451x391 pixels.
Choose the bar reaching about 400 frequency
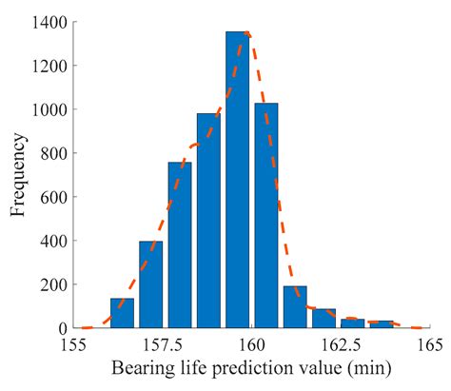click(151, 284)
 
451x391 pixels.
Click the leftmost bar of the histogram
click(122, 313)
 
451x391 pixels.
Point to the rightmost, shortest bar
click(381, 324)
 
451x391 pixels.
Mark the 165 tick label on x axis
click(423, 344)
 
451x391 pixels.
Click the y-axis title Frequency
click(20, 175)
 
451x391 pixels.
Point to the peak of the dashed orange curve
click(246, 32)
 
